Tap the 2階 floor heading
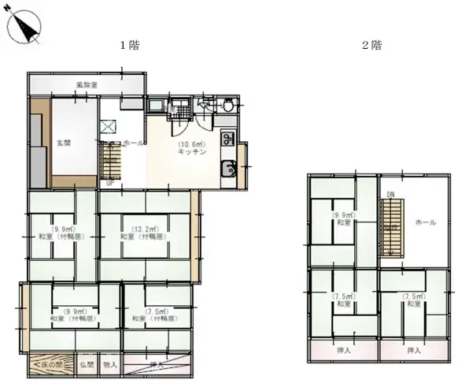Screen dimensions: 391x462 tap(371, 45)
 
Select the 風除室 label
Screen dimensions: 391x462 tap(87, 84)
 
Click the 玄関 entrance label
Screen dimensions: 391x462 tap(64, 143)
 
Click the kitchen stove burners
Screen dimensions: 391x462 tap(227, 140)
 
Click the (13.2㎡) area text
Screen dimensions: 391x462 tap(142, 227)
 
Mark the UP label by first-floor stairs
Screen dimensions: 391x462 tap(109, 183)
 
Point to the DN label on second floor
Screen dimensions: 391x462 tap(389, 194)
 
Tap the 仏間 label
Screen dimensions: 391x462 tap(87, 365)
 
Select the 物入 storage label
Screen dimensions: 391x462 tap(110, 365)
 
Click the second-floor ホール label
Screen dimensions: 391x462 tap(425, 222)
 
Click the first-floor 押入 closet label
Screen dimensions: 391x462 tap(157, 365)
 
